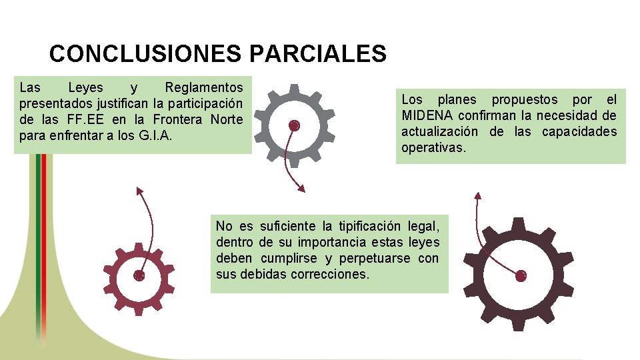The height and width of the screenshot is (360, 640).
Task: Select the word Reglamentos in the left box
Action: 204,87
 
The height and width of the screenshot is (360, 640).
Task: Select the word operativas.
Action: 433,147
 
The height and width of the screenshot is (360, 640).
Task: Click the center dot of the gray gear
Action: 294,125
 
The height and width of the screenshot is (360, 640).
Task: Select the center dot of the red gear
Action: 139,275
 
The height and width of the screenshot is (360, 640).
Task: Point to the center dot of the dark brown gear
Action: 521,275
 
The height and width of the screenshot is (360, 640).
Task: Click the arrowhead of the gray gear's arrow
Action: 301,189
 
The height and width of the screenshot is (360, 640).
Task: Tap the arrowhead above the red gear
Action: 139,191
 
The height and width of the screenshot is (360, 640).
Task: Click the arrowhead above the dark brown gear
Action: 477,195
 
